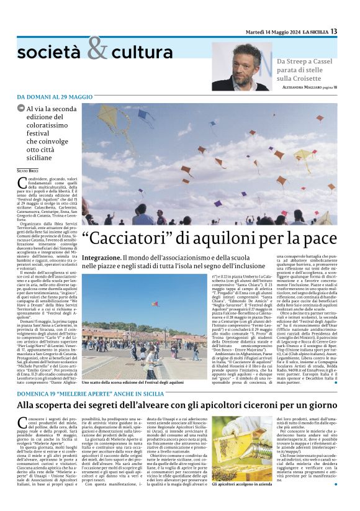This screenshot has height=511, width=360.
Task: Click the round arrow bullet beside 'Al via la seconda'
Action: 21,109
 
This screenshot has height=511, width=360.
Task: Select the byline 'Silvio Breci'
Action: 27,170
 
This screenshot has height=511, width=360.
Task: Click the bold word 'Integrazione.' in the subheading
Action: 101,257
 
